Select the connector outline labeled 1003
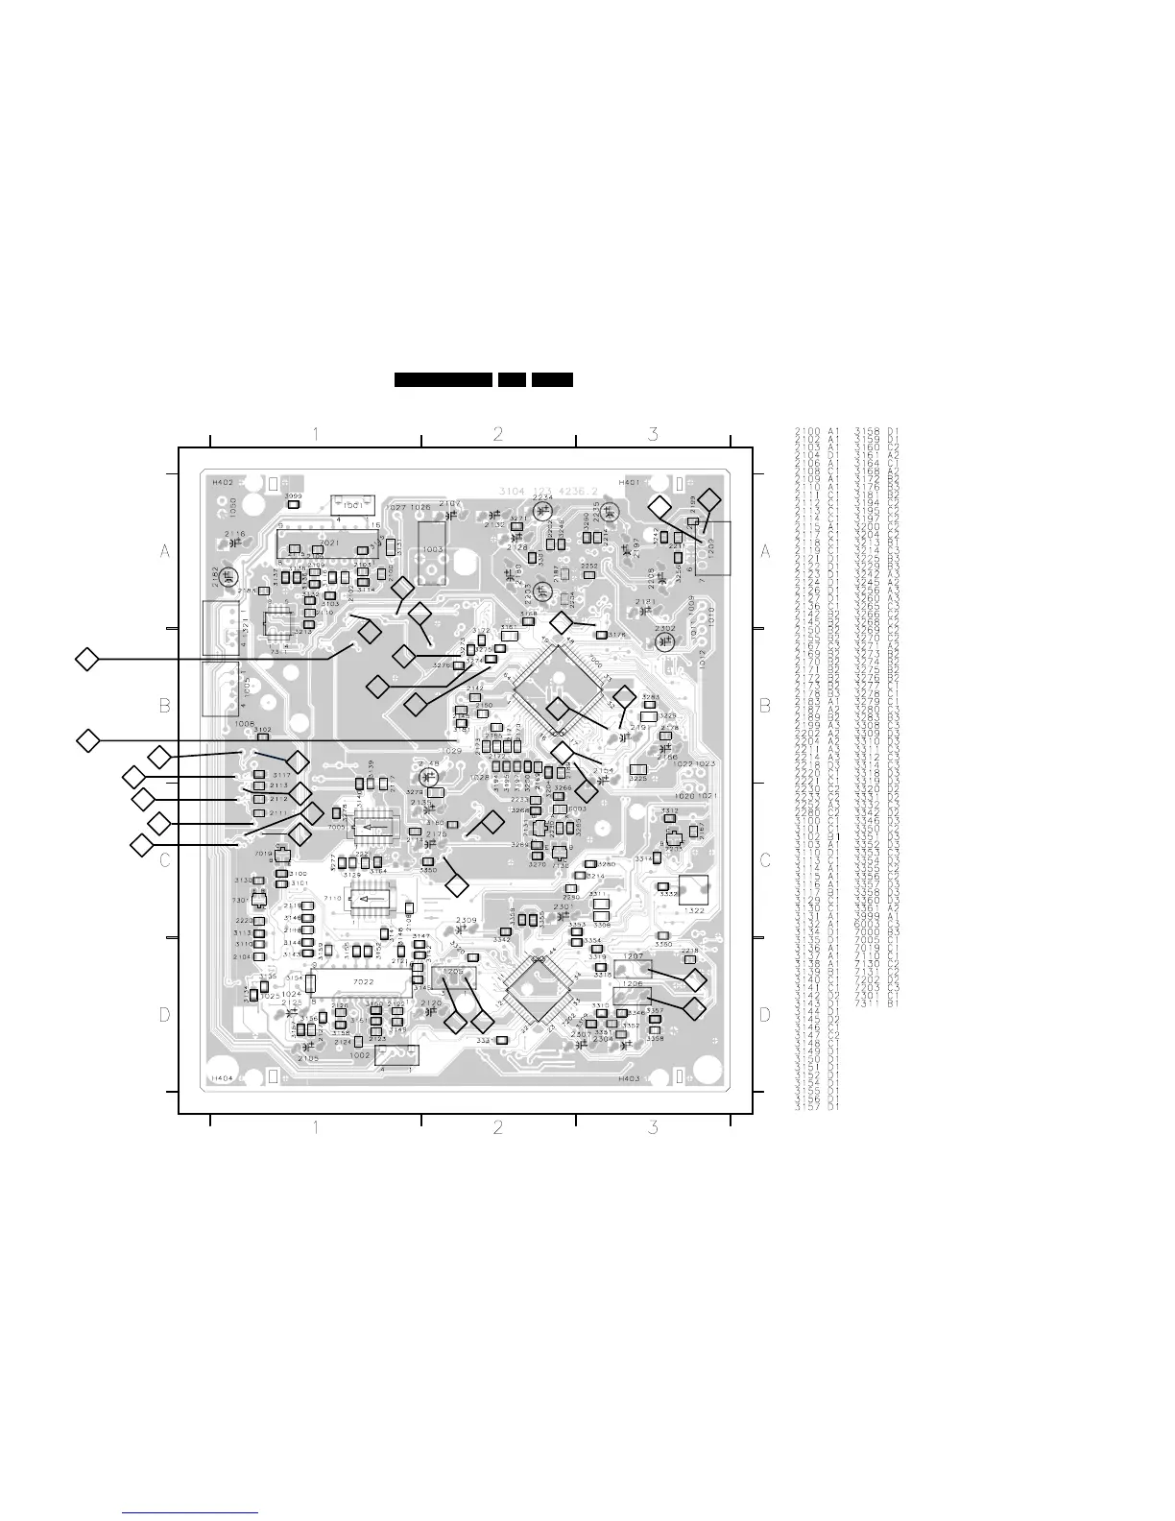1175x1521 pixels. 434,550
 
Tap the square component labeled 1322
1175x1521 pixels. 693,893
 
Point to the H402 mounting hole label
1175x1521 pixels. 223,482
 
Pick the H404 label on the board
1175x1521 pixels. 222,1078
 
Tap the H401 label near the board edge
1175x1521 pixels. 629,482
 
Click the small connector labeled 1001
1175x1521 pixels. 351,504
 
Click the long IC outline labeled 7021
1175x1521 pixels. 328,544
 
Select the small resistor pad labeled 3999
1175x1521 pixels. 295,503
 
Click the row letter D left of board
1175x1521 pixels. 165,1015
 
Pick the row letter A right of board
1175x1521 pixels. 765,551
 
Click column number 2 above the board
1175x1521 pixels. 498,434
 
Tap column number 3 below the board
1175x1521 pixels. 653,1127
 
